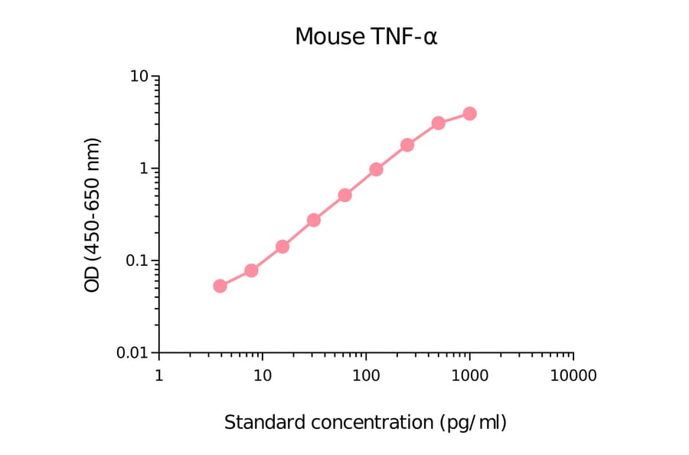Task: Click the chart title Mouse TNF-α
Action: tap(366, 37)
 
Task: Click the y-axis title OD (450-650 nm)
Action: tap(93, 215)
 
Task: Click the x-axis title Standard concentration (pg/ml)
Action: tap(365, 422)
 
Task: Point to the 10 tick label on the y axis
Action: tap(139, 77)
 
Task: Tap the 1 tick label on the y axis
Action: tap(143, 169)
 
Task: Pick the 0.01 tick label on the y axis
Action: tap(132, 353)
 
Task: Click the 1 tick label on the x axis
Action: tap(158, 376)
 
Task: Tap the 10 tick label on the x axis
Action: tap(262, 376)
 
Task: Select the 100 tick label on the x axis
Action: tap(366, 376)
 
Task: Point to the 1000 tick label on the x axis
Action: tap(469, 376)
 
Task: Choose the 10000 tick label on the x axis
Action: tap(573, 376)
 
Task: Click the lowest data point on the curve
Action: tap(220, 286)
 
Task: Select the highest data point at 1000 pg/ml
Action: tap(469, 113)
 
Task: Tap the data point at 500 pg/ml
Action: tap(438, 123)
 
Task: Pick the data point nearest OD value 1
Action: tap(376, 169)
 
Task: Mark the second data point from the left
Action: tap(251, 270)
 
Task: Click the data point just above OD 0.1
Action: tap(282, 247)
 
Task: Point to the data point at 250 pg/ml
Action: tap(407, 145)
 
